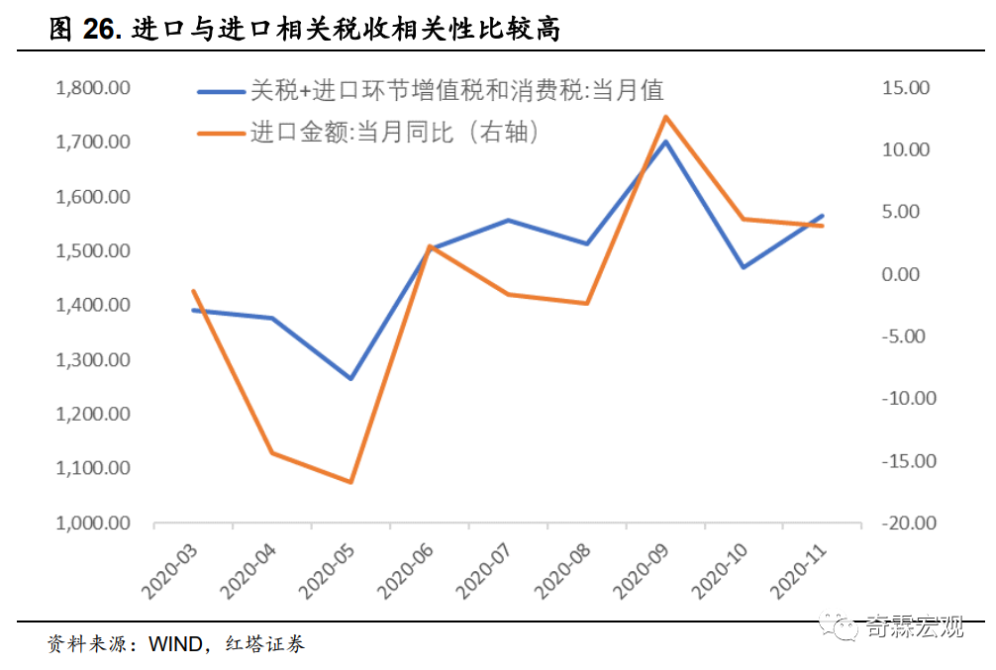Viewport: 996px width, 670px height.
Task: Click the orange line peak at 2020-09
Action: (x=665, y=117)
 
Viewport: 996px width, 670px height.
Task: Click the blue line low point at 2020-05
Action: (x=350, y=379)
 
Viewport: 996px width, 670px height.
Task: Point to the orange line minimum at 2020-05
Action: (x=350, y=482)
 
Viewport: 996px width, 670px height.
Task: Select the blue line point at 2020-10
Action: (x=744, y=267)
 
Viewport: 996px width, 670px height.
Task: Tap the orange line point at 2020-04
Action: (x=272, y=453)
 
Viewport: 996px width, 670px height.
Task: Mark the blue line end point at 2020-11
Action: (x=823, y=216)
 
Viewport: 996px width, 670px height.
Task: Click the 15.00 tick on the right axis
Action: (x=906, y=88)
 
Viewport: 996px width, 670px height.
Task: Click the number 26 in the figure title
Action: (x=100, y=31)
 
